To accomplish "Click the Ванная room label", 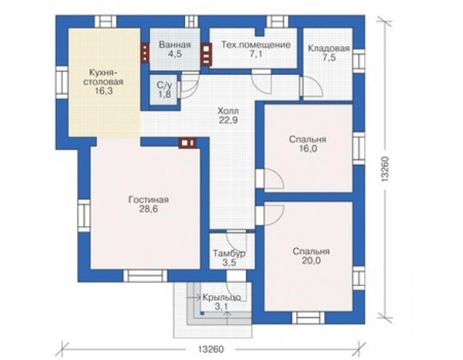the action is click(x=175, y=45).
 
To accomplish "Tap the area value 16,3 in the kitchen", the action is click(x=104, y=91).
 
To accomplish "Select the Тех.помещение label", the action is click(x=256, y=45).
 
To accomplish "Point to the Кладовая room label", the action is click(x=328, y=48).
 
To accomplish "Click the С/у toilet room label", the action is click(x=164, y=85).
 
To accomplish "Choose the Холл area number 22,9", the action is click(x=228, y=120).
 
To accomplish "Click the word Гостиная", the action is click(x=148, y=200).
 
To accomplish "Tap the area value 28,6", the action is click(x=148, y=209).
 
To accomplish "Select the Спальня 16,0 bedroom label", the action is click(x=307, y=143).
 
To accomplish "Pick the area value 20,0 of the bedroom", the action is click(x=311, y=260).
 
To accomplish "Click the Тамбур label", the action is click(x=229, y=254).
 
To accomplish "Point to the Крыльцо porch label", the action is click(x=221, y=297).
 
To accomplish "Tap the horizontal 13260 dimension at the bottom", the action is click(x=211, y=349).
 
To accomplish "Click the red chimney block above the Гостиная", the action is click(x=188, y=143).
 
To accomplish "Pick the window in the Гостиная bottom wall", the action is click(x=145, y=275).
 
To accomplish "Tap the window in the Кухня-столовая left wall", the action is click(x=62, y=82).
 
